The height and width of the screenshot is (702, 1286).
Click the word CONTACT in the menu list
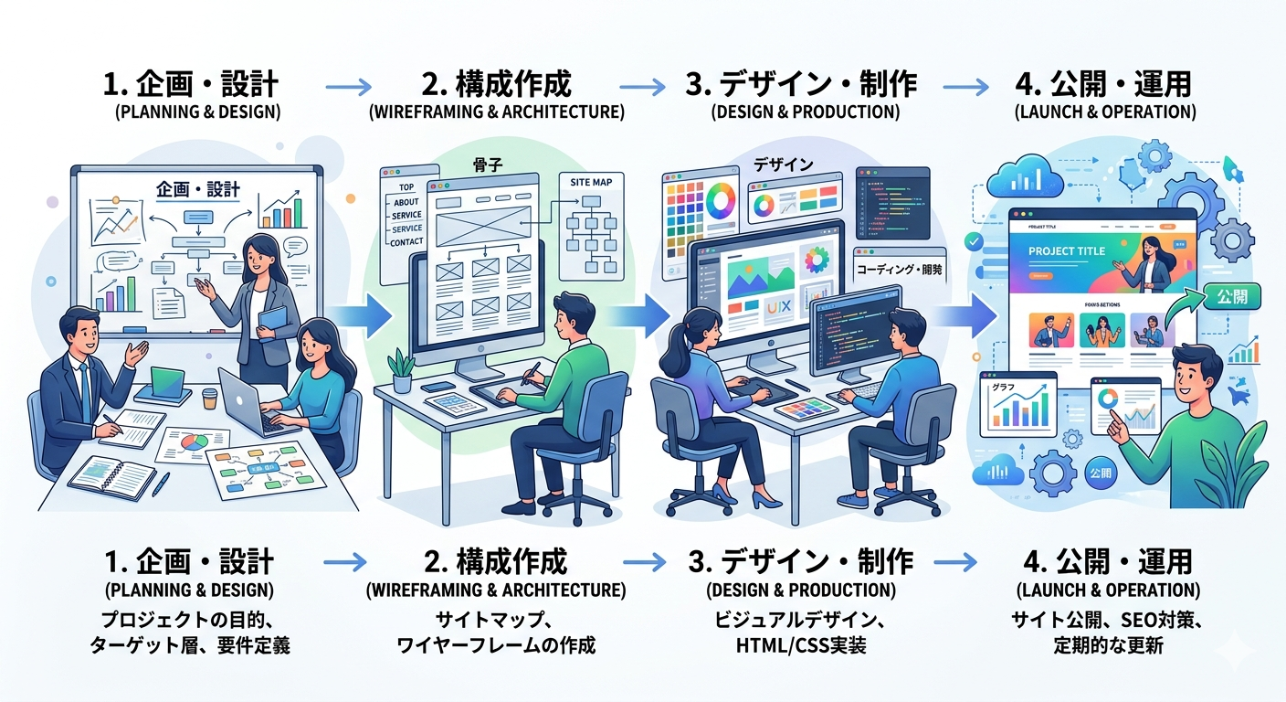tap(406, 241)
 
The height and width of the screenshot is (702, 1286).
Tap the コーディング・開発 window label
tap(900, 270)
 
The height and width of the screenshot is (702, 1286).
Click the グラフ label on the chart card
tap(1004, 387)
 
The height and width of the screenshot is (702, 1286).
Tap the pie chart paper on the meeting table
tap(193, 444)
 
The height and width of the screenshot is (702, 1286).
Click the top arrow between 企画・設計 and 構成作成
tap(348, 88)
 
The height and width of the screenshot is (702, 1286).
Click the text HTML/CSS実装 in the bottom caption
tap(800, 646)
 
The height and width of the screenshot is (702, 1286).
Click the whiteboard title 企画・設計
tap(198, 189)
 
